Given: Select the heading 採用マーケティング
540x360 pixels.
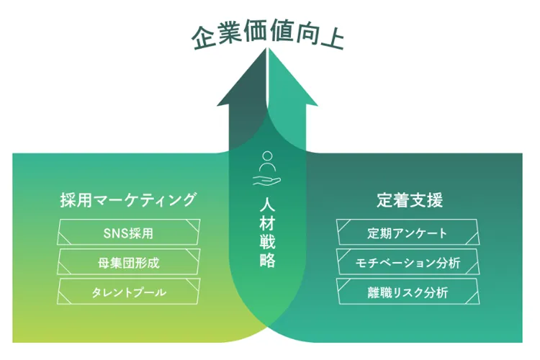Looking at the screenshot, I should click(128, 199).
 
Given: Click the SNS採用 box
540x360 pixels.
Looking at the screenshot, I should click(128, 233).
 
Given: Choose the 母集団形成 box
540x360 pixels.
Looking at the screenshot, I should click(128, 263).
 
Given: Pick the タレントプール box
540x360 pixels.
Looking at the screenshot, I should click(128, 292).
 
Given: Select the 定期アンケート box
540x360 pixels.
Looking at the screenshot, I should click(408, 233).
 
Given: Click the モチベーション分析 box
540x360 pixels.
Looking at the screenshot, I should click(408, 263).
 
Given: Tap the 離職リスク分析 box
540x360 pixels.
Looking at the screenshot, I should click(408, 292).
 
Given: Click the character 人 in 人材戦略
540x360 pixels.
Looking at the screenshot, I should click(267, 204).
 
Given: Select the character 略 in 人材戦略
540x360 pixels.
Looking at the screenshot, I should click(267, 261).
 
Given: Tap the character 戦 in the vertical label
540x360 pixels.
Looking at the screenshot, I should click(267, 242).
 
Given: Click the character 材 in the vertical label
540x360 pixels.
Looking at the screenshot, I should click(267, 223).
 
